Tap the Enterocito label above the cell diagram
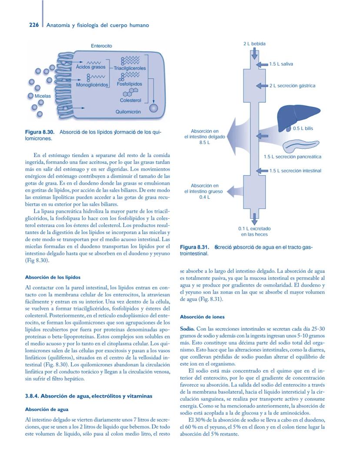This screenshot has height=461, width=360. coord(101,46)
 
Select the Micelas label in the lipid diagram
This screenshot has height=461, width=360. coord(43,96)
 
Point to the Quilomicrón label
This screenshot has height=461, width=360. coord(128,112)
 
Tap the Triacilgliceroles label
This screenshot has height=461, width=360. coord(130,68)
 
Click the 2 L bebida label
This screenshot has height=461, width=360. coord(254,44)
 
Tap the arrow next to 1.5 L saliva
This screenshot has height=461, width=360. coord(262,64)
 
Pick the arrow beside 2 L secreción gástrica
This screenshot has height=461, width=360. coord(262,86)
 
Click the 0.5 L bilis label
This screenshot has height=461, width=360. coord(303,128)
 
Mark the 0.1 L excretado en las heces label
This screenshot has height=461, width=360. coord(254,231)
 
